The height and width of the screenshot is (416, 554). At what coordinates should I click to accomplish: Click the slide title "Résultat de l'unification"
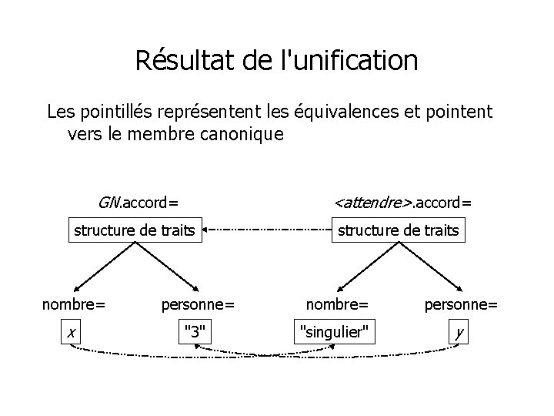point(276,60)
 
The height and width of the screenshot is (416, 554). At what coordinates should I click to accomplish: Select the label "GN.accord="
point(138,203)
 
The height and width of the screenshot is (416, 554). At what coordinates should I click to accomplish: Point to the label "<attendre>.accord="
point(403,203)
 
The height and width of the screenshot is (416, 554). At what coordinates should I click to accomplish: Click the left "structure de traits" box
point(134,230)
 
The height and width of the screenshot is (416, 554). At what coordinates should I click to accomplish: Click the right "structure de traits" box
point(399,230)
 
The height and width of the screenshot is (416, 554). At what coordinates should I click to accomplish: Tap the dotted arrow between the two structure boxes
point(266,230)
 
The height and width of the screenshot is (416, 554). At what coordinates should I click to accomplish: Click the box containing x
point(71,331)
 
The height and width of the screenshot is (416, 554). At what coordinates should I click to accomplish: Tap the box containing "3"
point(195,331)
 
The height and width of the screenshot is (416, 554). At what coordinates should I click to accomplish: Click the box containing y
point(459,331)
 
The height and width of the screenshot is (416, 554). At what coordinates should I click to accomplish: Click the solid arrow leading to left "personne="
point(168,266)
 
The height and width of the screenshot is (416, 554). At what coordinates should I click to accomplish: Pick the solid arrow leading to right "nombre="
point(368,266)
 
